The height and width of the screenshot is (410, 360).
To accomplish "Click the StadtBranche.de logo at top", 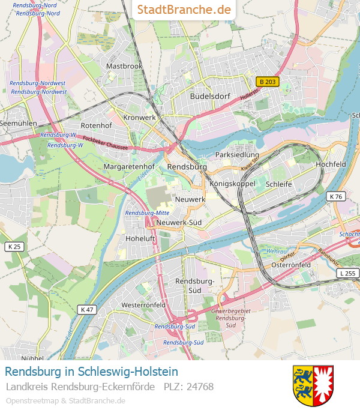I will coord(184,10).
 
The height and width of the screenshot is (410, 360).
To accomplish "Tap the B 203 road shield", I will coord(267,82).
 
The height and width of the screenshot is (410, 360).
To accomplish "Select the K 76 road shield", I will coord(336,196).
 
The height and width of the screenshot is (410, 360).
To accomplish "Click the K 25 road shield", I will coord(14,247).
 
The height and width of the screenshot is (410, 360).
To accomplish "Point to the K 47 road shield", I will coord(86,309).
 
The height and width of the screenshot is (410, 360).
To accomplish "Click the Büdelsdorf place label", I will coord(209,96).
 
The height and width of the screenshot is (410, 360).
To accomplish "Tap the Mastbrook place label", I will coord(124,66).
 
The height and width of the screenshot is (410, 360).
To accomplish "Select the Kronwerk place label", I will coord(139,118).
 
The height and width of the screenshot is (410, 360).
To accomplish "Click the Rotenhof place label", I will coord(96,125).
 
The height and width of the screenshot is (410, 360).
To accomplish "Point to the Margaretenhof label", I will coord(129,166).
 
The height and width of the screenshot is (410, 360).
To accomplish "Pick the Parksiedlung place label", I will coord(237,155).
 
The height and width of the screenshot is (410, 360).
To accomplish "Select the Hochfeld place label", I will coord(331,164).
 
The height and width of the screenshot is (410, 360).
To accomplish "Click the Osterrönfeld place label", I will coord(290,265).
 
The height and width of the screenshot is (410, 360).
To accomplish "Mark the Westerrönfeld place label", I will coord(143,305).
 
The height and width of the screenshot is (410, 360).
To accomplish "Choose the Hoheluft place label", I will coord(140,238).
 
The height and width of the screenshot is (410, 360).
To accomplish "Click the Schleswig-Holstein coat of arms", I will coord(313,385).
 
